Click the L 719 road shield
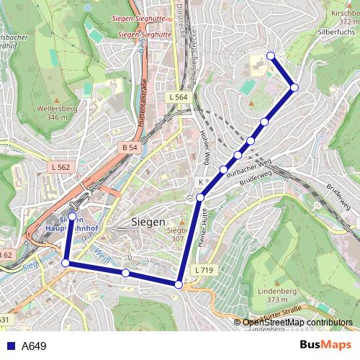click(204, 269)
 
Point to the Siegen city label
click(148, 222)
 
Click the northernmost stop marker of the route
click(271, 56)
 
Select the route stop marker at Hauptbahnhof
click(72, 216)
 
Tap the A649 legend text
click(34, 346)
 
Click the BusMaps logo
click(325, 346)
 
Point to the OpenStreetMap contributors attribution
click(297, 323)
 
